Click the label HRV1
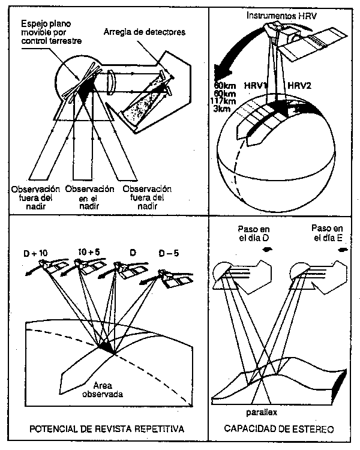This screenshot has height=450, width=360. click(x=254, y=85)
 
